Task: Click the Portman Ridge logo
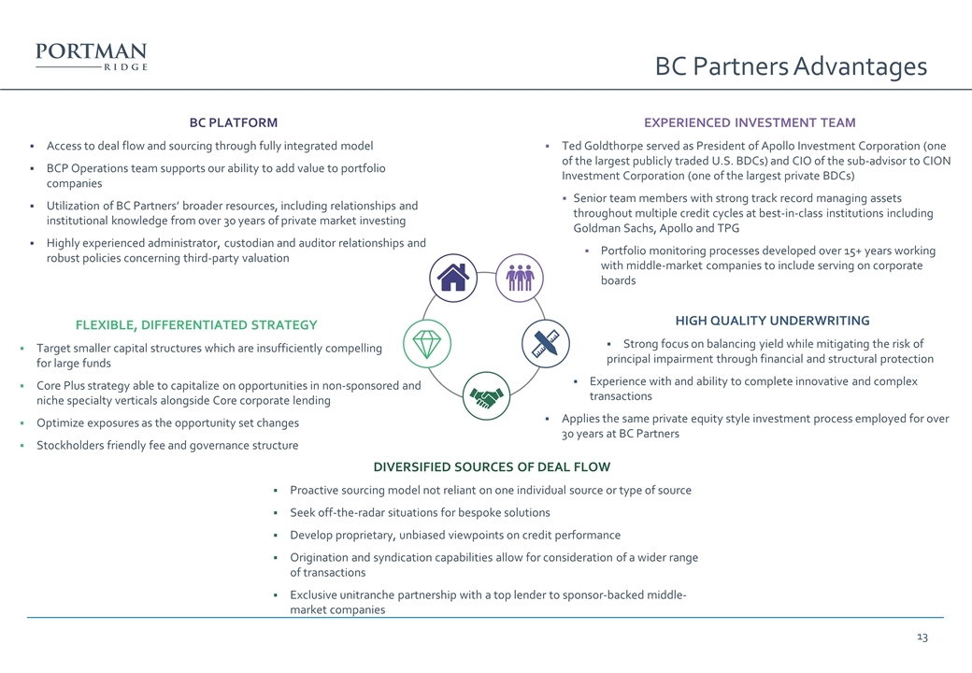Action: pos(92,56)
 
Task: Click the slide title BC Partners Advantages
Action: pos(791,65)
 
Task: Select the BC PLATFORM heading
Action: pos(233,122)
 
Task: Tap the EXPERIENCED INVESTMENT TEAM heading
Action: pos(750,122)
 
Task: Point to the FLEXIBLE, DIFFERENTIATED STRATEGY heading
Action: pos(196,324)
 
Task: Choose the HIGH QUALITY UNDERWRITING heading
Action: pos(772,321)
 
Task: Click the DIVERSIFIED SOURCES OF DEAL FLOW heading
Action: pos(492,466)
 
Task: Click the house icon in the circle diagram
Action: pos(453,278)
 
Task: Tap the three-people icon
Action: pos(520,278)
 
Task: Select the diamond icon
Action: pos(427,343)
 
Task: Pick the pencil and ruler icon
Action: pos(546,343)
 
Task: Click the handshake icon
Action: pos(487,395)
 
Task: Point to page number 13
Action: pos(922,637)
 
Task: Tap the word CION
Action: pos(936,161)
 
